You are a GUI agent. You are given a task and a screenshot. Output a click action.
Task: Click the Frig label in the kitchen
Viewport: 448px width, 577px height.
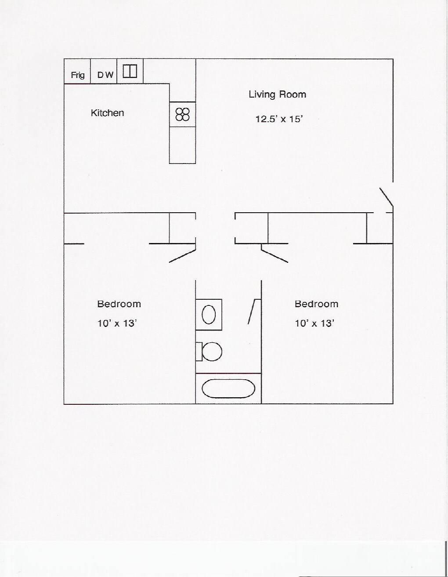pos(78,75)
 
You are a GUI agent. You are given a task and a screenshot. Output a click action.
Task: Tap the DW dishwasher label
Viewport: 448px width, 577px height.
pos(105,75)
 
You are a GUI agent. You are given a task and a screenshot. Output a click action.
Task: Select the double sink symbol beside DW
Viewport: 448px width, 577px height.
pos(130,71)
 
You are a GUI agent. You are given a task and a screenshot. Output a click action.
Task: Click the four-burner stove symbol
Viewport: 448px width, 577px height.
pos(182,114)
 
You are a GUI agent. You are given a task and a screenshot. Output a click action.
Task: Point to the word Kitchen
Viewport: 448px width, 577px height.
pos(107,113)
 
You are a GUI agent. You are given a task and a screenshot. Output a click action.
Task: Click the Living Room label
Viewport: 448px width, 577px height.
pos(277,94)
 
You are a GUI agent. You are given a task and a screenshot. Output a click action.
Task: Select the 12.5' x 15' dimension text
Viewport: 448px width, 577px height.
pos(279,119)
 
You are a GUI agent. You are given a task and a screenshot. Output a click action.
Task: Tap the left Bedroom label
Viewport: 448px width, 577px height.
pos(119,304)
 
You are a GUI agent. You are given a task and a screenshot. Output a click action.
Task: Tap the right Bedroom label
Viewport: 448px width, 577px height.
pos(316,304)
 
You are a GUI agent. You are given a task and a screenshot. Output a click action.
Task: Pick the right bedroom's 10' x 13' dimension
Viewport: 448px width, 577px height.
pos(314,323)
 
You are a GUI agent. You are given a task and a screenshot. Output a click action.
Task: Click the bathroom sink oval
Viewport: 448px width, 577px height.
pos(209,315)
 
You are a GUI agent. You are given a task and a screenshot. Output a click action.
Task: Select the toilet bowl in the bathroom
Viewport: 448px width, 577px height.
pos(212,352)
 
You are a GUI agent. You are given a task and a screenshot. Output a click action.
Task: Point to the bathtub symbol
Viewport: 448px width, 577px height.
pos(228,388)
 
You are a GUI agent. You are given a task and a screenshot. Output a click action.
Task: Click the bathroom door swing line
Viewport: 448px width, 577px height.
pos(252,312)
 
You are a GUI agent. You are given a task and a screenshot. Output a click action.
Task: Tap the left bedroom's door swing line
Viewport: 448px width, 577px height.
pos(182,256)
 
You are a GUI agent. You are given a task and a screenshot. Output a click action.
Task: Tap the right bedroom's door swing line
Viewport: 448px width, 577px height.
pos(275,256)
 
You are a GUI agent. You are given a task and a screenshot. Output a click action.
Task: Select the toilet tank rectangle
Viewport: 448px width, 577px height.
pos(199,352)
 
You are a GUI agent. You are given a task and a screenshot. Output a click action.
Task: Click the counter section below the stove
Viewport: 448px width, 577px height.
pos(182,145)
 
